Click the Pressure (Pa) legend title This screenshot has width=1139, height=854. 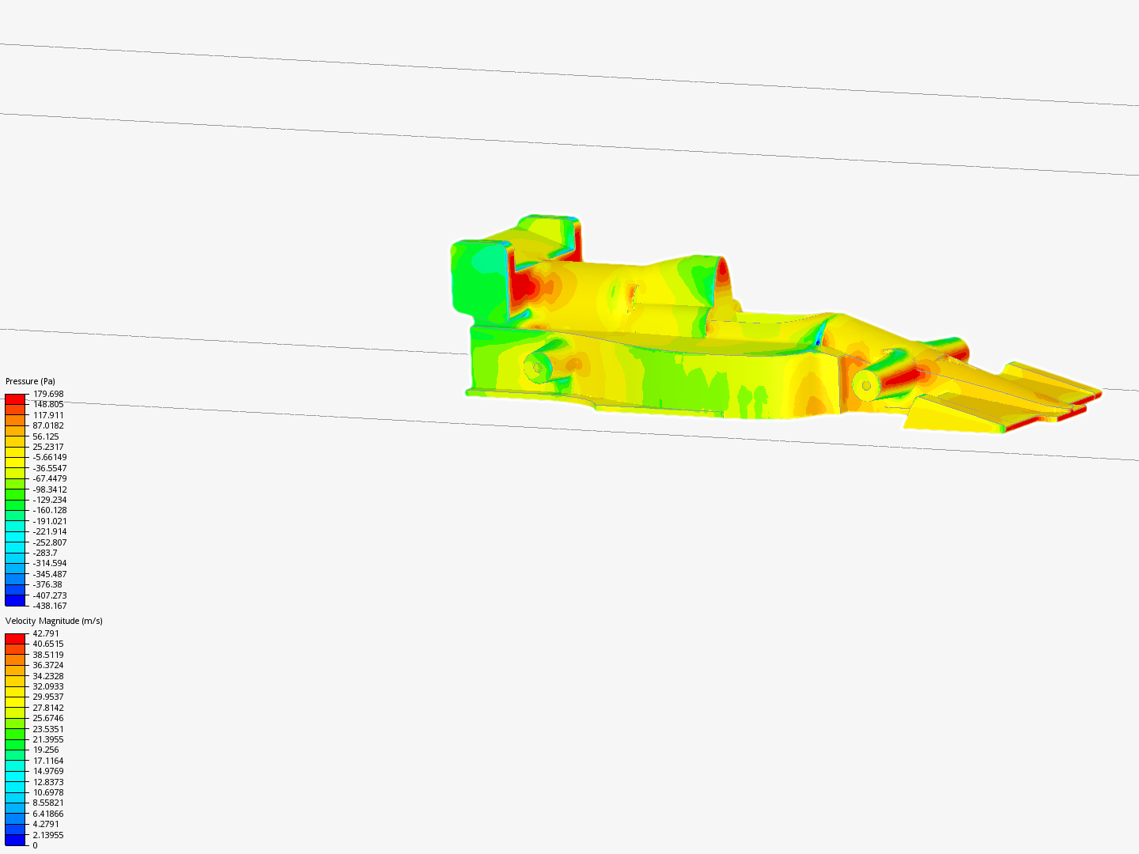pyautogui.click(x=30, y=381)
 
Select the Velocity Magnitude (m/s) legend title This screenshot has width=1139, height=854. pyautogui.click(x=54, y=621)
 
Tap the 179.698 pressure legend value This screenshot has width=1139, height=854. pyautogui.click(x=47, y=394)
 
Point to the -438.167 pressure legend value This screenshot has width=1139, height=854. pyautogui.click(x=49, y=606)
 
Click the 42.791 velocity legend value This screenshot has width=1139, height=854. pyautogui.click(x=46, y=633)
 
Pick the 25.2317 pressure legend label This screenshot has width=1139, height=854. pyautogui.click(x=47, y=447)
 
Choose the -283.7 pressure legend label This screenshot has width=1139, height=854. pyautogui.click(x=44, y=553)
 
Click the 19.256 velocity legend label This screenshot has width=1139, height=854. pyautogui.click(x=46, y=750)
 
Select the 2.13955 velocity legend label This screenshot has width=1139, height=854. pyautogui.click(x=47, y=835)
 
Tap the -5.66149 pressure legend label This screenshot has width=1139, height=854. pyautogui.click(x=49, y=457)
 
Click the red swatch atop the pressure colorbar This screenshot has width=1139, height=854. pyautogui.click(x=15, y=399)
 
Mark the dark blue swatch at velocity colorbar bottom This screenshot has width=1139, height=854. pyautogui.click(x=15, y=841)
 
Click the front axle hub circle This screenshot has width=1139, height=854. pyautogui.click(x=866, y=386)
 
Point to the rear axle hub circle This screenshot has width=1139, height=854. pyautogui.click(x=536, y=368)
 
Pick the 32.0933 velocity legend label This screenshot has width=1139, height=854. pyautogui.click(x=47, y=686)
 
